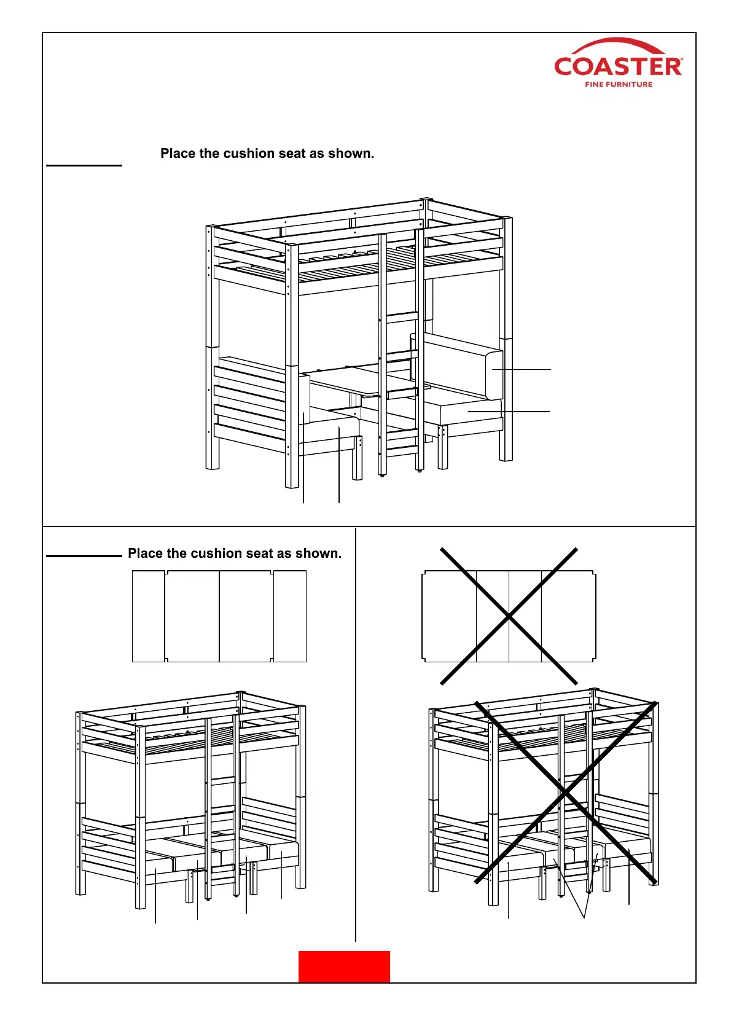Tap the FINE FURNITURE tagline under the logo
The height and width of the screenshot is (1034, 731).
(x=619, y=84)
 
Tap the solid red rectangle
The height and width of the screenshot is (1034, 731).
(x=344, y=966)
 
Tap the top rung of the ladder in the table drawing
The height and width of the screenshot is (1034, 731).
(x=402, y=317)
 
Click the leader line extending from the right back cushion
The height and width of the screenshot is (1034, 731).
(x=522, y=369)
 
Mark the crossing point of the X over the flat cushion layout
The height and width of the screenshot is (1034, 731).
(x=509, y=616)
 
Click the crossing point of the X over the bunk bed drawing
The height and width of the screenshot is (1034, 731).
(x=565, y=793)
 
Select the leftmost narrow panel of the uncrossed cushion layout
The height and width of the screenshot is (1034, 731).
(x=148, y=616)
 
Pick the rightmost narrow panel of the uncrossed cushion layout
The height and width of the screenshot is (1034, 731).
(x=290, y=616)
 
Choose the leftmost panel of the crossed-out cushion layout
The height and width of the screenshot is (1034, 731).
(x=449, y=616)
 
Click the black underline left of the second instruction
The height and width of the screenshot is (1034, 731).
(x=84, y=556)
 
